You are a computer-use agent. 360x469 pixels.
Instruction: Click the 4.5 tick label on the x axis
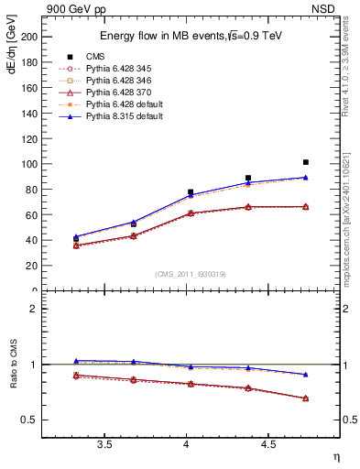click(x=268, y=444)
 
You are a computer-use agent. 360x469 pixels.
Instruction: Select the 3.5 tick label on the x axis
click(x=104, y=444)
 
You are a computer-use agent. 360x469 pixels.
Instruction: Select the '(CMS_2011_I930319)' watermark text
click(x=188, y=275)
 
